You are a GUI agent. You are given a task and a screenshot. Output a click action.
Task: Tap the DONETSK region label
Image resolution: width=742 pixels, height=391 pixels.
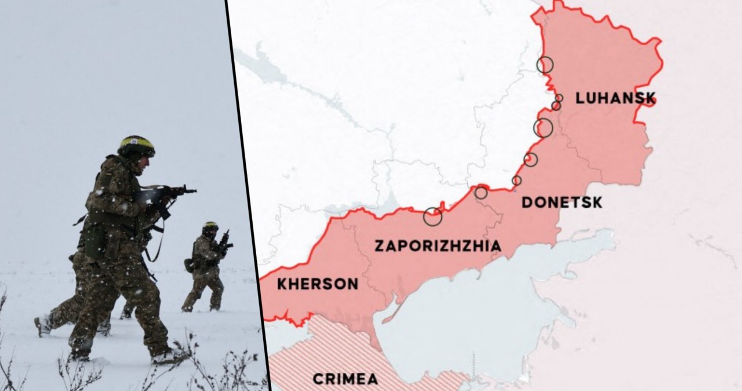point(562,202)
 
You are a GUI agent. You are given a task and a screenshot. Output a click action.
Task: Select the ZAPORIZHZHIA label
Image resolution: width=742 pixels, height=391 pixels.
point(438,246)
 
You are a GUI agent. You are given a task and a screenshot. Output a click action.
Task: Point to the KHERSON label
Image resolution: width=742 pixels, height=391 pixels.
point(317,284)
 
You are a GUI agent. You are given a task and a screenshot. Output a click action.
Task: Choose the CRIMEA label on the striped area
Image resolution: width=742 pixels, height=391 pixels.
point(345,379)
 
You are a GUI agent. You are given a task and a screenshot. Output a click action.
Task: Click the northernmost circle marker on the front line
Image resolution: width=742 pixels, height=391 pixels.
point(544,64)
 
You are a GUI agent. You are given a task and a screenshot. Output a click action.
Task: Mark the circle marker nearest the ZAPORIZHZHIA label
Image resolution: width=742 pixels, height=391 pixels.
point(432,216)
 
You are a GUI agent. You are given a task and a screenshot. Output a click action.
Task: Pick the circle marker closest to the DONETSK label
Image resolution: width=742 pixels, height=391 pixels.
point(517,180)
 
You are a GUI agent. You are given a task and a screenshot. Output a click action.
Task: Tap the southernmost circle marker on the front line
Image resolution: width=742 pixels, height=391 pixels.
point(432,216)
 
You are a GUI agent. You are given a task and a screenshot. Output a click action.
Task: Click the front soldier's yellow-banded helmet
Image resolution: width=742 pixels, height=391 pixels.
point(136,145)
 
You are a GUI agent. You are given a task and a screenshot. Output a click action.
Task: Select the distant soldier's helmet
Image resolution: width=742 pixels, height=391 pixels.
point(210,226)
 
